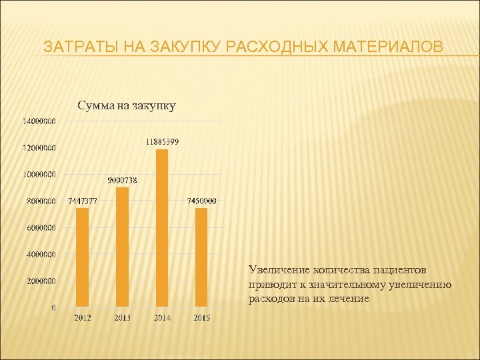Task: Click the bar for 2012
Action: tap(82, 257)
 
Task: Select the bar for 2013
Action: tap(122, 247)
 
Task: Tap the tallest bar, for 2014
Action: tap(162, 228)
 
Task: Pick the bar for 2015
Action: tap(201, 257)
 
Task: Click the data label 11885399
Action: tap(162, 142)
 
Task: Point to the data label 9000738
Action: tap(123, 180)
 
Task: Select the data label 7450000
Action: tap(201, 201)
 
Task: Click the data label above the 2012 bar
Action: tap(83, 201)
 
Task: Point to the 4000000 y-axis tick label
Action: tap(41, 255)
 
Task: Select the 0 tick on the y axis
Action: tap(53, 308)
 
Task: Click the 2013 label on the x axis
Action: tap(122, 318)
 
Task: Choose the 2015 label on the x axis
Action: tap(201, 318)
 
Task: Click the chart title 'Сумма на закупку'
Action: tap(127, 105)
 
